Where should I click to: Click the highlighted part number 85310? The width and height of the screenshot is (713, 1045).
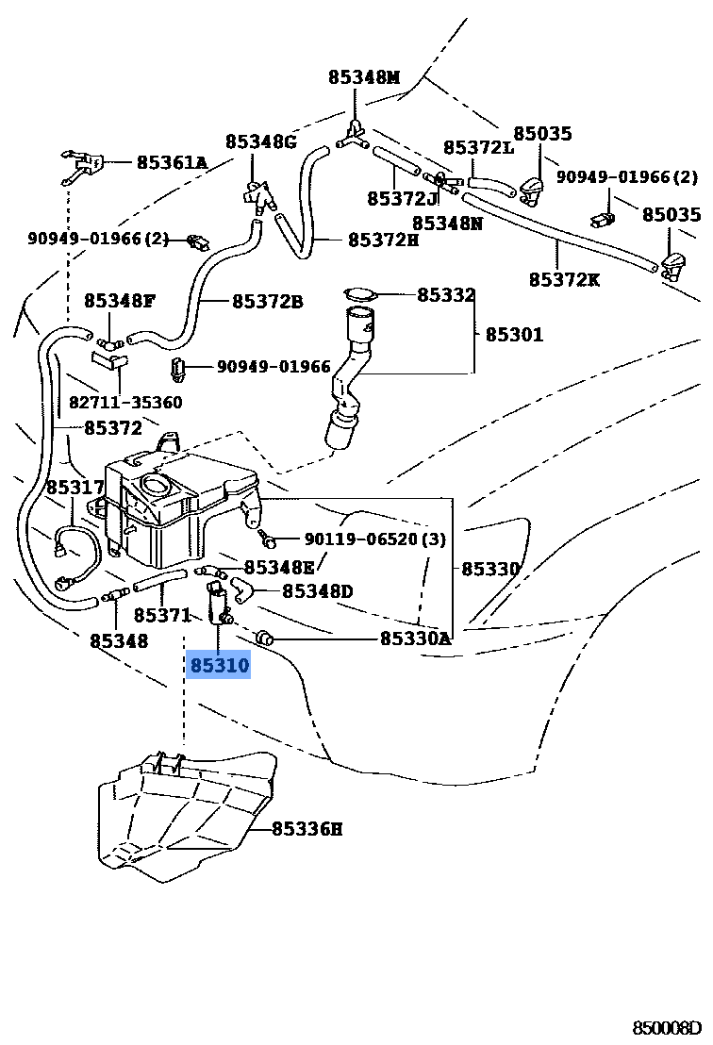(220, 666)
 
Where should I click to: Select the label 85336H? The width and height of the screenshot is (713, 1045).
(307, 829)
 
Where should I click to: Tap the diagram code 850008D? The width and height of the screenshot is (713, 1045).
(668, 1027)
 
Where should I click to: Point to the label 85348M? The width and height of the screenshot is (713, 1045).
(364, 77)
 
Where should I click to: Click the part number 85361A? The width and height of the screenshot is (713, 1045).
(172, 162)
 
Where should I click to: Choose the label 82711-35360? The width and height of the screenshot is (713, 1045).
(125, 402)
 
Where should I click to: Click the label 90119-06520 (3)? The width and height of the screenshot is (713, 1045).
(374, 539)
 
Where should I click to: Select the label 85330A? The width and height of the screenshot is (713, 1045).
(415, 639)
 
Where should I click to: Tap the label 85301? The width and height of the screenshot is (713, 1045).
(515, 334)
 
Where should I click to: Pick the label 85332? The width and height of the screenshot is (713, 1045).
(446, 295)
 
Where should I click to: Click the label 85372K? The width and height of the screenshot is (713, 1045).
(564, 279)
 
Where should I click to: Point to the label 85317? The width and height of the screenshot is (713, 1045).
(75, 487)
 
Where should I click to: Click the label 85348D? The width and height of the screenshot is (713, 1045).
(317, 591)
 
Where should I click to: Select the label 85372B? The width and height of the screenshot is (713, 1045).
(268, 302)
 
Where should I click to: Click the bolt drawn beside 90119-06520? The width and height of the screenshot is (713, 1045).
(269, 540)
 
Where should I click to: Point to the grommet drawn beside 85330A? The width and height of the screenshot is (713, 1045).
(266, 639)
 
